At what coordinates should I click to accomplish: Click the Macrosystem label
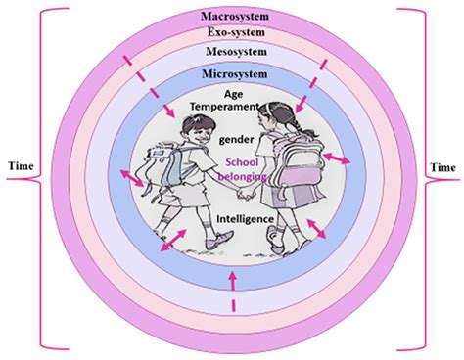[233, 17]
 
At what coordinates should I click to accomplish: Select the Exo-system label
[233, 32]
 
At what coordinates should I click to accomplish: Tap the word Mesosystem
[233, 52]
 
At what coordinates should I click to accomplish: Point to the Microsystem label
[233, 75]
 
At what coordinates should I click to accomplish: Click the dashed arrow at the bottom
[232, 293]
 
